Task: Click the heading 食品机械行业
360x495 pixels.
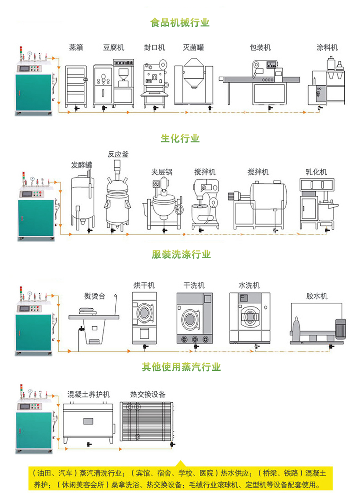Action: (180, 23)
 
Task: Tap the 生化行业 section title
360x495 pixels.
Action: (180, 138)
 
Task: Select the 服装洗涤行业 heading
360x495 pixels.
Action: (181, 255)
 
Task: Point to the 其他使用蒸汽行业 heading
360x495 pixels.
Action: (181, 367)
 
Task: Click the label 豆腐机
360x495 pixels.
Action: (114, 47)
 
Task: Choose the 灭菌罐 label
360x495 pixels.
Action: (193, 47)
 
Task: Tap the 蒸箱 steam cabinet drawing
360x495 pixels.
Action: (76, 86)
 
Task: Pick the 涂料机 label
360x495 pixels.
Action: (327, 47)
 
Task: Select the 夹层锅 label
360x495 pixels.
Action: (162, 172)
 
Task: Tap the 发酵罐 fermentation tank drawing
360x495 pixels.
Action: (82, 203)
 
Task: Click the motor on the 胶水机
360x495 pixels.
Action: (340, 328)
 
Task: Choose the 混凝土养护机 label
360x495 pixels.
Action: (89, 394)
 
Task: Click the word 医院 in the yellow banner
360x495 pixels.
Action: (206, 473)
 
